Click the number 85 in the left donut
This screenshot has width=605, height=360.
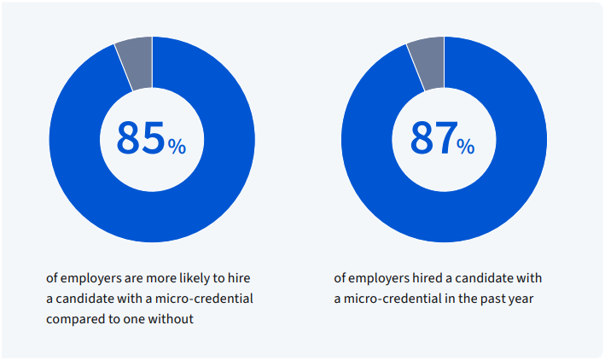tap(140, 138)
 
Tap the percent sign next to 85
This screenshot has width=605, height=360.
tap(177, 147)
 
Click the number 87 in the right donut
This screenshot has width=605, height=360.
tap(433, 138)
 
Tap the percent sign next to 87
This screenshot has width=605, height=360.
tap(466, 147)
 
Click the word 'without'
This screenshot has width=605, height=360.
tap(174, 319)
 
